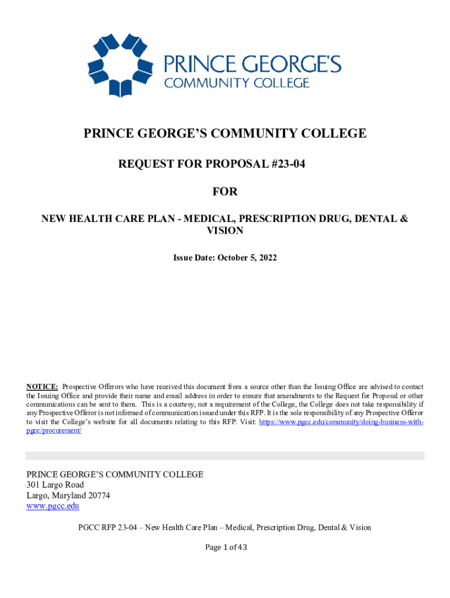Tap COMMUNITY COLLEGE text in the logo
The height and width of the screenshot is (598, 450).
(x=236, y=82)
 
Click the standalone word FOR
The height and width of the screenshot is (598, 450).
(x=225, y=192)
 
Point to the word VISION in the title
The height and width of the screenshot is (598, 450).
(x=225, y=231)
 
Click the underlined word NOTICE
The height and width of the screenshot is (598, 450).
(x=41, y=387)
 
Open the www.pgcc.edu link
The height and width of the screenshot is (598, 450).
(x=53, y=506)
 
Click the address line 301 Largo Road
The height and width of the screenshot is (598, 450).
(x=56, y=485)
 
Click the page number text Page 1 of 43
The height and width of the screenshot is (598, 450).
(x=225, y=547)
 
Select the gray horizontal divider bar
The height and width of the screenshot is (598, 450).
(x=225, y=456)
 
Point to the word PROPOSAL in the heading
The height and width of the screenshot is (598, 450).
(x=240, y=164)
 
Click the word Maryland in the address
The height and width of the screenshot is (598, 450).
(x=67, y=495)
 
